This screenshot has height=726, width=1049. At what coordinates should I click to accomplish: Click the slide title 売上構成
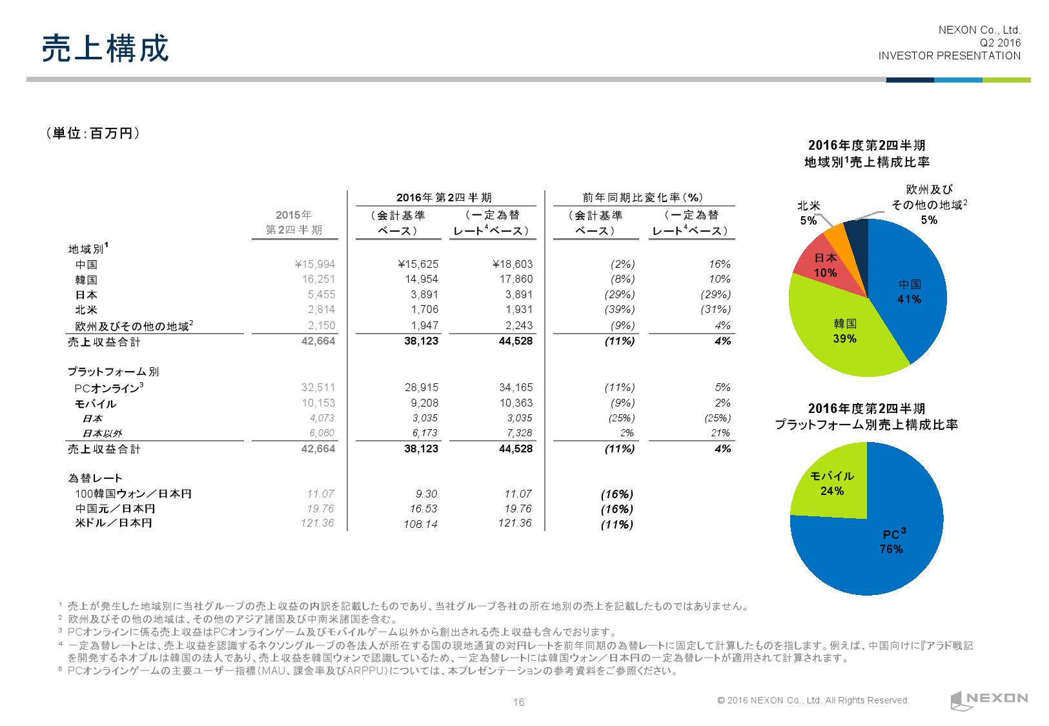[105, 48]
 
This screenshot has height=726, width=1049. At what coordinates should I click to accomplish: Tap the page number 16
[518, 703]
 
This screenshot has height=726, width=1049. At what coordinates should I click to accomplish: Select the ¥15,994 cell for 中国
[314, 264]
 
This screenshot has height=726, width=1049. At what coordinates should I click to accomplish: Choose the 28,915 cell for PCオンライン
[421, 388]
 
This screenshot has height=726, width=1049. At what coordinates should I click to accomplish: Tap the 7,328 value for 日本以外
[518, 433]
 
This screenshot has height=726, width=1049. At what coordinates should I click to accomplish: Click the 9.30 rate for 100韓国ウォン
[427, 494]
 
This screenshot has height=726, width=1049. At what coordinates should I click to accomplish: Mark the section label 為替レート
[95, 478]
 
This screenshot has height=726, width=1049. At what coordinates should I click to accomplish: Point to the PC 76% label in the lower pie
[892, 542]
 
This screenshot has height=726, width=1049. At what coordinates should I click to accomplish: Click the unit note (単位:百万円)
[93, 133]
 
